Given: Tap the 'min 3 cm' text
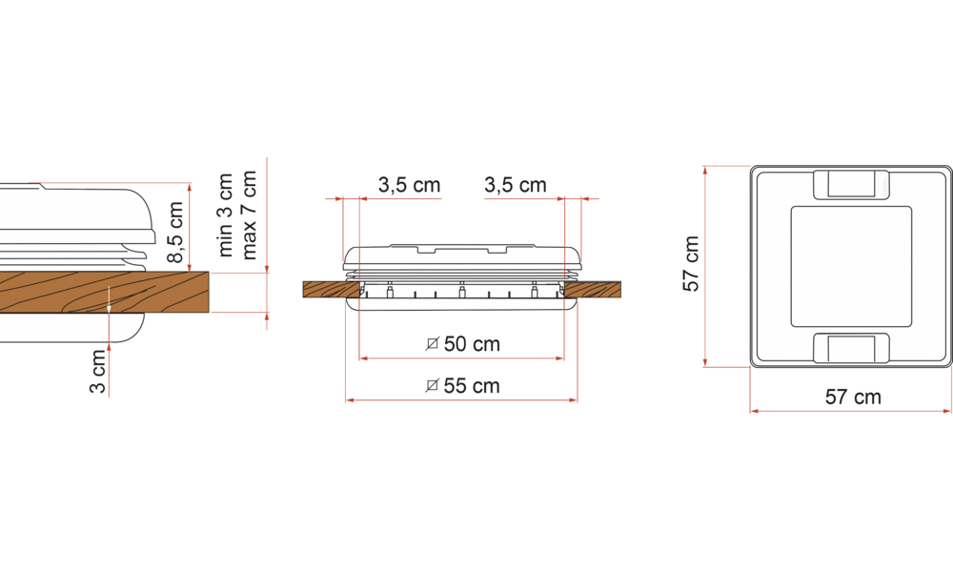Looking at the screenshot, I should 226,215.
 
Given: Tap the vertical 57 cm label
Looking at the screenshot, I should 693,264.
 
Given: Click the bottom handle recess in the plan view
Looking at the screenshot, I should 850,347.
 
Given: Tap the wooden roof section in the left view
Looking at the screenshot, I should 105,292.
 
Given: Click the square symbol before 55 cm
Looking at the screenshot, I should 432,386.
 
